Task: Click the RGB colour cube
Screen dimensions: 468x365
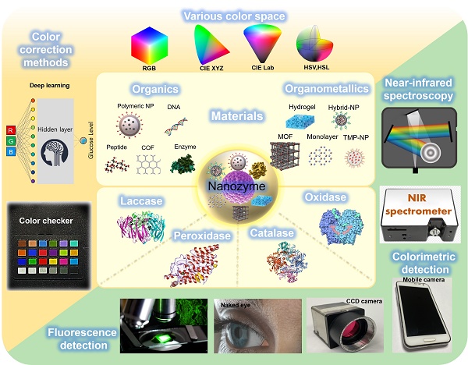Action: coord(149,45)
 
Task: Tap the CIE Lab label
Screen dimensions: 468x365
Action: coord(263,68)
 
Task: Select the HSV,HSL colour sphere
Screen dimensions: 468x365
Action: coord(314,44)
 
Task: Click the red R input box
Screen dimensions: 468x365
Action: coord(11,130)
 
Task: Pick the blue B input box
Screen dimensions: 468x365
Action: coord(11,151)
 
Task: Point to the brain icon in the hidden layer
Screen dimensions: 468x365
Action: coord(55,153)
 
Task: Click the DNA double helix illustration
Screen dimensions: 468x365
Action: coord(176,126)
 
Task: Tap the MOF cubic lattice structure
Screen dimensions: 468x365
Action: coord(285,155)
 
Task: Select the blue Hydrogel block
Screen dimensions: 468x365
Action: coord(300,121)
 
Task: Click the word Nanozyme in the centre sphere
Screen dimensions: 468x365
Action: coord(236,186)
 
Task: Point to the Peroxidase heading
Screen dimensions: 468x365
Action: coord(202,236)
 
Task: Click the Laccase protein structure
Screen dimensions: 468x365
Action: coord(141,226)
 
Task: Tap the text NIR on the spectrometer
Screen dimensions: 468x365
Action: coord(417,198)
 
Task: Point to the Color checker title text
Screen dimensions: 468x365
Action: coord(46,221)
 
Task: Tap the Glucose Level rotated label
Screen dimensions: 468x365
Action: coord(90,140)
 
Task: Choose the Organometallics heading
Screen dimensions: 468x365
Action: coord(327,89)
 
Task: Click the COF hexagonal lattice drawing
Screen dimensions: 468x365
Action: coord(148,164)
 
